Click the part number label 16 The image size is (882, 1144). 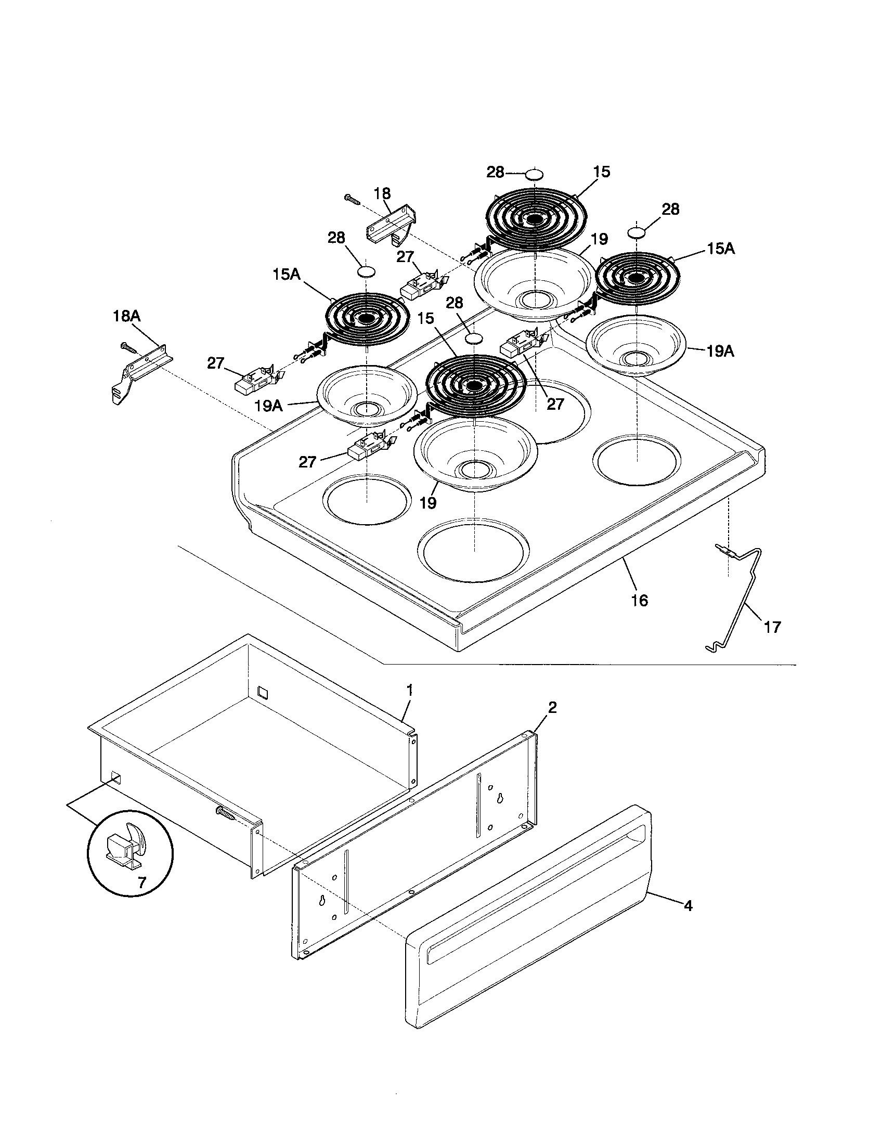(x=640, y=600)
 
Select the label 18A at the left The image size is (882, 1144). (x=127, y=316)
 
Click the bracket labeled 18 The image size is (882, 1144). (x=390, y=226)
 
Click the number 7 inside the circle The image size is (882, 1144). (x=142, y=882)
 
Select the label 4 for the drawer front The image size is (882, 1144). (x=688, y=905)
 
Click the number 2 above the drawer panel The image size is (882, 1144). (x=552, y=708)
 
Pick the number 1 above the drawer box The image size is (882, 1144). (x=410, y=690)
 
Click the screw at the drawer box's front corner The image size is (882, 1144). (x=225, y=813)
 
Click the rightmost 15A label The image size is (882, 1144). (x=721, y=249)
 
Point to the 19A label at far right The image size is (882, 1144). (x=720, y=352)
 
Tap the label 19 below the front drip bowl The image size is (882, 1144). (x=428, y=503)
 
